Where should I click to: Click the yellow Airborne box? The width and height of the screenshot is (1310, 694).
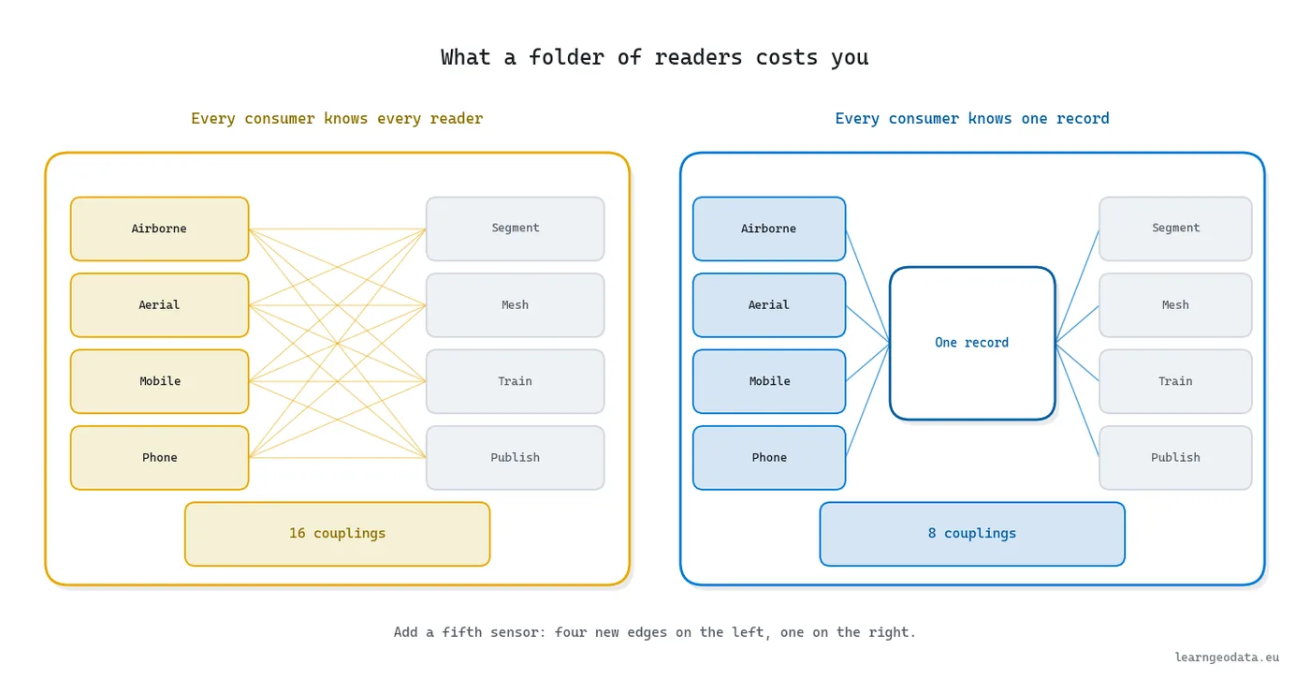(160, 229)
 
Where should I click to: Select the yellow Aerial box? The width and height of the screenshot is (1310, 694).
(160, 305)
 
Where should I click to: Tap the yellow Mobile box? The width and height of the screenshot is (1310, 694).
(160, 381)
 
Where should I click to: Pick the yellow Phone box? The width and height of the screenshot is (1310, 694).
(160, 458)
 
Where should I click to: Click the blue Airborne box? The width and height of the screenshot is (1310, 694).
(769, 229)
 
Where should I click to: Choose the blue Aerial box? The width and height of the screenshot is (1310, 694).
(769, 305)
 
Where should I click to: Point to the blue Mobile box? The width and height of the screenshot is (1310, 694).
(769, 381)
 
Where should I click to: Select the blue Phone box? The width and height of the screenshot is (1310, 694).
(769, 458)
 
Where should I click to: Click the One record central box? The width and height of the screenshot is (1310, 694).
(972, 343)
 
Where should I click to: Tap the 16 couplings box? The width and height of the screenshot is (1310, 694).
(338, 534)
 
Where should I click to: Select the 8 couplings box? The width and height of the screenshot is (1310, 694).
(972, 534)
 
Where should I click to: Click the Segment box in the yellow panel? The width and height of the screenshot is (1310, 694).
(516, 229)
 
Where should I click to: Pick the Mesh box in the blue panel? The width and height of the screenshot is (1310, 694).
(1175, 305)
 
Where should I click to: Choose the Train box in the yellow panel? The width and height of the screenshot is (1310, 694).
(516, 381)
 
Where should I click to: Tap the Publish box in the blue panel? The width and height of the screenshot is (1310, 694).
(1175, 458)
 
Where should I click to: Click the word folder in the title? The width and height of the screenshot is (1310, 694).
(566, 57)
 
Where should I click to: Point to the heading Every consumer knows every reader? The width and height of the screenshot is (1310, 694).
(337, 119)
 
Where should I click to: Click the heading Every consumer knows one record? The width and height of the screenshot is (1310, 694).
(972, 119)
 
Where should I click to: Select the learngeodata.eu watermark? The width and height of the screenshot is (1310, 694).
(1227, 657)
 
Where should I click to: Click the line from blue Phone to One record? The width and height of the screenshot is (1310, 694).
(868, 400)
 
